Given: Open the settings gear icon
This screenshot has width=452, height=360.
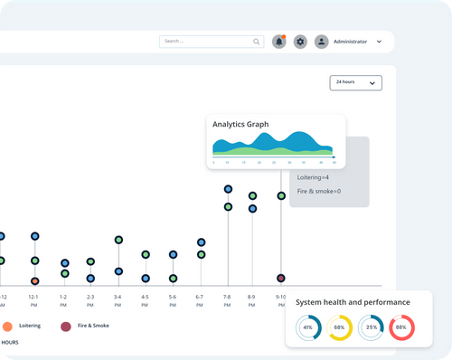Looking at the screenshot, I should [300, 42].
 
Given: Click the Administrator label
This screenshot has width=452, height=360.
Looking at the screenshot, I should [351, 42].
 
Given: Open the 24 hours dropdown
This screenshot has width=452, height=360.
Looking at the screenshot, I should [356, 82].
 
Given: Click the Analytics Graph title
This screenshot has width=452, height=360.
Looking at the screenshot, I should [240, 124].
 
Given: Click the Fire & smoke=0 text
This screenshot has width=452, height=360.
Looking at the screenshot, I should [319, 192].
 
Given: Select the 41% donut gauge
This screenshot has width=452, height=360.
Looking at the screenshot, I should [308, 327].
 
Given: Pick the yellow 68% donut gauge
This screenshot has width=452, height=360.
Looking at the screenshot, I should [340, 327].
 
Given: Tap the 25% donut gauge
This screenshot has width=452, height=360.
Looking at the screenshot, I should [371, 327].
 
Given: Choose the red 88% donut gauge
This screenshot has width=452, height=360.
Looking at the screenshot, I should [401, 327].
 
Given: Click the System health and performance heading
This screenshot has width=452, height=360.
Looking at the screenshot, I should [353, 302].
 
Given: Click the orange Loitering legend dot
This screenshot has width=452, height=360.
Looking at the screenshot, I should [7, 326].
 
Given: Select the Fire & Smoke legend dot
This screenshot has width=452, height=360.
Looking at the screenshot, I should [65, 326].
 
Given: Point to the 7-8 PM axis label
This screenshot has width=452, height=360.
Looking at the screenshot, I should [227, 300].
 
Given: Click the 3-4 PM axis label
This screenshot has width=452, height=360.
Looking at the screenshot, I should [118, 300].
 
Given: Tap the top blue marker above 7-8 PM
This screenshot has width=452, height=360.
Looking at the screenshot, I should [228, 189].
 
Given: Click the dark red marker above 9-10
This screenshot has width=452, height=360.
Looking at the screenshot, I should [281, 278].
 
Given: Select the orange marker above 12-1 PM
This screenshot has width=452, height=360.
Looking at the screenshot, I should [34, 281].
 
